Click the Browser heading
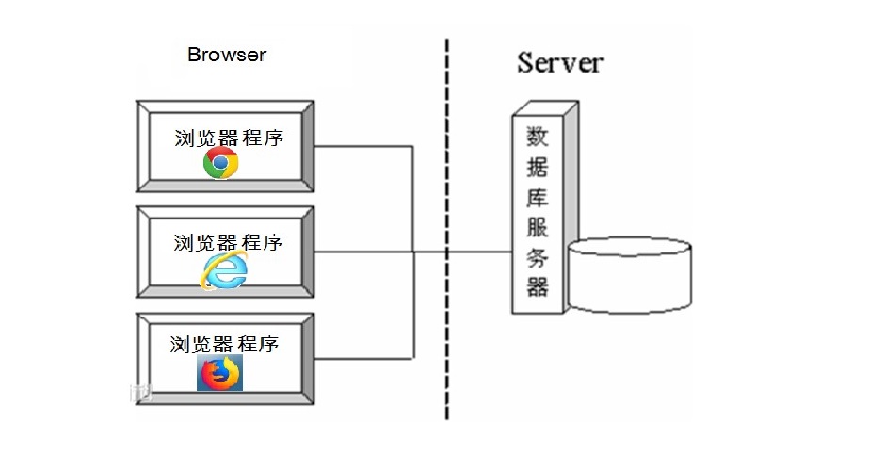coord(226,55)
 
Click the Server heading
coord(559,63)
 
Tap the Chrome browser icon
coord(221,163)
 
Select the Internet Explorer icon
coord(223,271)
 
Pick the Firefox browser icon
coord(219,373)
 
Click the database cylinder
coord(630,275)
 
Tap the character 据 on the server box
coord(538,169)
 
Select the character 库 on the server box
coord(538,199)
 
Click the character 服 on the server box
coord(538,228)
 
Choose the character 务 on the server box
coord(538,257)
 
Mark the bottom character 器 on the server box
coord(538,286)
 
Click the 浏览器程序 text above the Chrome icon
coord(229,137)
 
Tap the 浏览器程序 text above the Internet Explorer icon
coord(229,242)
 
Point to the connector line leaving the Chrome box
coord(362,146)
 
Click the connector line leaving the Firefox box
coord(362,358)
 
